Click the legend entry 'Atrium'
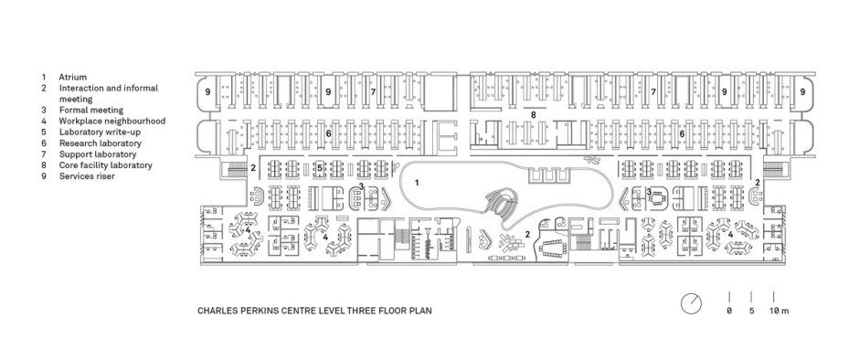pos(73,78)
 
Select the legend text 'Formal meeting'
pos(91,111)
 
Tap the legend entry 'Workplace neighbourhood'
pos(112,122)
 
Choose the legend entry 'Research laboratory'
pos(101,143)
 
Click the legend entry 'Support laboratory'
pos(98,154)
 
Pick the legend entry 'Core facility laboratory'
pos(106,165)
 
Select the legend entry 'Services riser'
pos(87,176)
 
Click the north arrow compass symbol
pos(692,303)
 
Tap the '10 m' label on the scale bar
pos(779,311)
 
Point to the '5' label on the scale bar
pos(751,311)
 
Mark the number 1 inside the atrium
pos(417,183)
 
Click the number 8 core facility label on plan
pos(533,114)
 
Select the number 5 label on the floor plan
pos(320,168)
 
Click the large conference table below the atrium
pos(556,248)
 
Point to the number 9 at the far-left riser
pos(207,92)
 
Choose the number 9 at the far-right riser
pos(802,92)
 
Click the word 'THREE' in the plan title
pos(359,311)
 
